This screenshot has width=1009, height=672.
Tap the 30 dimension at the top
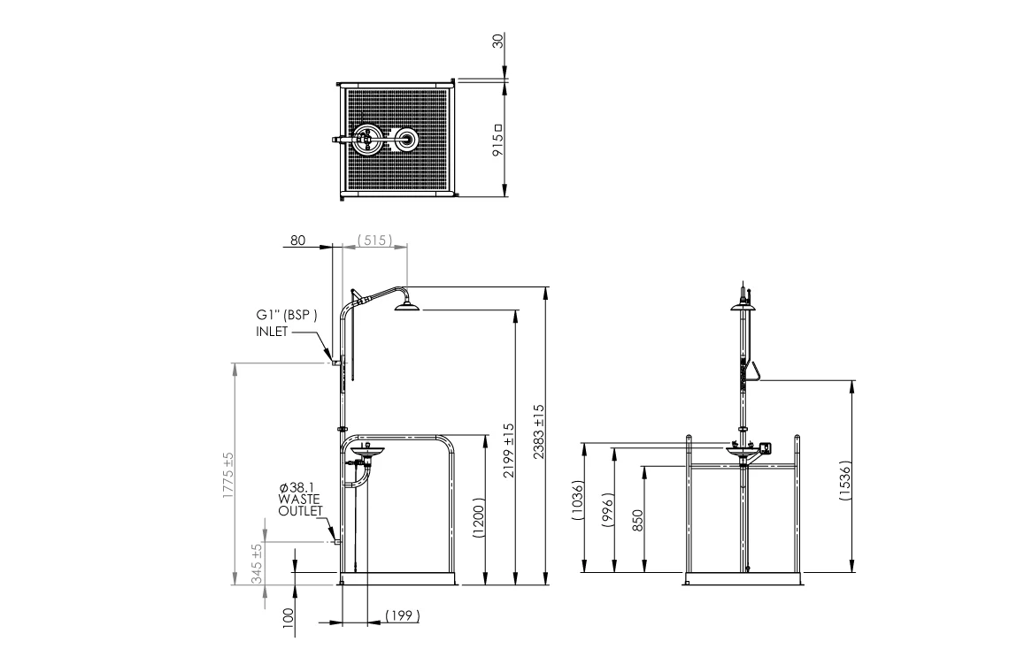click(497, 42)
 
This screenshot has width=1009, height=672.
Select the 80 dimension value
click(298, 240)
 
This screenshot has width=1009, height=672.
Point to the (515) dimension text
click(374, 240)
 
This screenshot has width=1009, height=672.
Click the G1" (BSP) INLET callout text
click(287, 324)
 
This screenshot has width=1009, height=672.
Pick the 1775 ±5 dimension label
click(228, 475)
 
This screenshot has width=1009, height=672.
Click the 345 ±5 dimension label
click(257, 564)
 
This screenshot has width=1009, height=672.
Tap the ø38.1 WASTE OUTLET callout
click(300, 500)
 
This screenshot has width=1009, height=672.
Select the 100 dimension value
click(288, 617)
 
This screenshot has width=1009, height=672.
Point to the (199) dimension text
click(402, 616)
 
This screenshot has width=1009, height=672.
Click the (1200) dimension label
click(478, 517)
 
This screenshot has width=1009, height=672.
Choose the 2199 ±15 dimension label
click(509, 450)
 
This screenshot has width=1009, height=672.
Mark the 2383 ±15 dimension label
click(539, 431)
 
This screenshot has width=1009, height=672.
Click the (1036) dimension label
click(578, 500)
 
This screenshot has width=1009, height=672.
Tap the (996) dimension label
click(608, 510)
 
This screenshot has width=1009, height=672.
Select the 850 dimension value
click(637, 520)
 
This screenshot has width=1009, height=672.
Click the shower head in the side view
click(406, 306)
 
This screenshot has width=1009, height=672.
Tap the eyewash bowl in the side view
click(365, 452)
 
